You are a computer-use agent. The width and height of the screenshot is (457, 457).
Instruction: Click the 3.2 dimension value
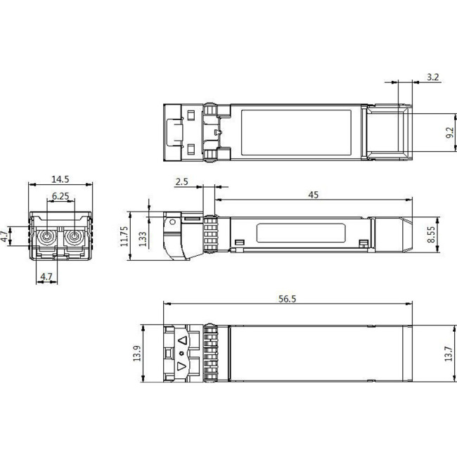tap(433, 77)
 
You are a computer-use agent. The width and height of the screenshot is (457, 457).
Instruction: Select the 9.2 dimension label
tap(450, 132)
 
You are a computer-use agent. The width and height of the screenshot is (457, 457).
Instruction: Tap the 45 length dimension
tap(313, 195)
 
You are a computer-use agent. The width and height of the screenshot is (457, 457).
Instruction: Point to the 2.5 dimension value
tap(181, 181)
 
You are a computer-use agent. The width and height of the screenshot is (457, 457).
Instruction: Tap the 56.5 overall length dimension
tap(287, 298)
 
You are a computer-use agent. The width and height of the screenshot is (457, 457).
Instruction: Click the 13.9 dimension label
tap(136, 355)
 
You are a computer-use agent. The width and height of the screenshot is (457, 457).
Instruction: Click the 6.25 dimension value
tap(60, 197)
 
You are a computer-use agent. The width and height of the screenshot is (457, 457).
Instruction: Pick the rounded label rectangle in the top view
tap(295, 132)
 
